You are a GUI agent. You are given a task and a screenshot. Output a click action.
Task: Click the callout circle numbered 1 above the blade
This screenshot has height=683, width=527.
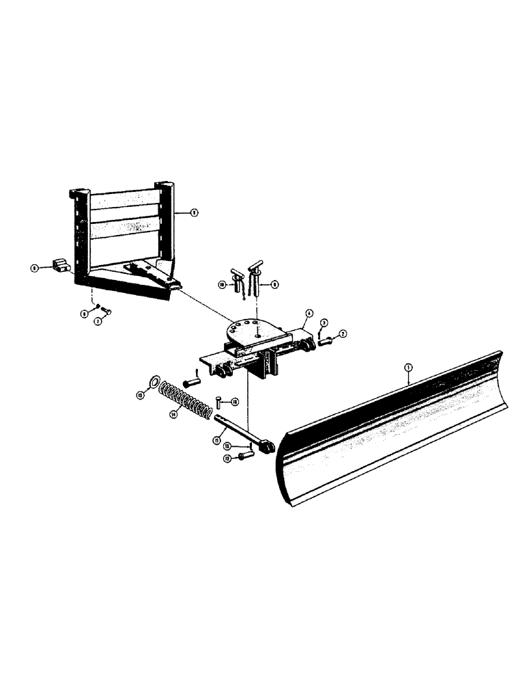click(x=408, y=368)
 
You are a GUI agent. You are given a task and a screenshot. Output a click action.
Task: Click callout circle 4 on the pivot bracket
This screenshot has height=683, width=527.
click(x=309, y=315)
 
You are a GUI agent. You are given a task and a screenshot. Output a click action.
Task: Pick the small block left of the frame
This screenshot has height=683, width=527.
click(x=61, y=264)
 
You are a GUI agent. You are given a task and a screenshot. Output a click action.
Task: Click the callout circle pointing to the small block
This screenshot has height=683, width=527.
click(x=33, y=268)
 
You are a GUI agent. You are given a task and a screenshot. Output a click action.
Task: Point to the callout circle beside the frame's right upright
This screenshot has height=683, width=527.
click(x=195, y=212)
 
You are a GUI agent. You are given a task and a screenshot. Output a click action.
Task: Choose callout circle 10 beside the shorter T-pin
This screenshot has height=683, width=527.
click(x=223, y=283)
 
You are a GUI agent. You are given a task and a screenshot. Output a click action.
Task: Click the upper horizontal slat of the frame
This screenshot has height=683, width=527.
click(x=126, y=201)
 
